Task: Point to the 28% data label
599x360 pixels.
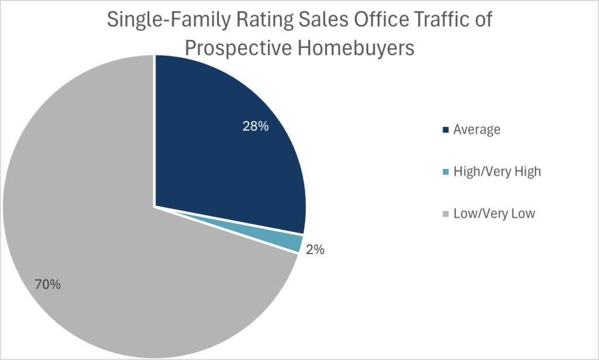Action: pos(256,126)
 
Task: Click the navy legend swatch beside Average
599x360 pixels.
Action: pos(446,130)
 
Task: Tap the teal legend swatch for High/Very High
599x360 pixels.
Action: pos(446,172)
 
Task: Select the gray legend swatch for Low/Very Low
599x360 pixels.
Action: pos(446,214)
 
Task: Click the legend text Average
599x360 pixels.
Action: pos(477,130)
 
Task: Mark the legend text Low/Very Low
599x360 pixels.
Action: pos(494,214)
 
